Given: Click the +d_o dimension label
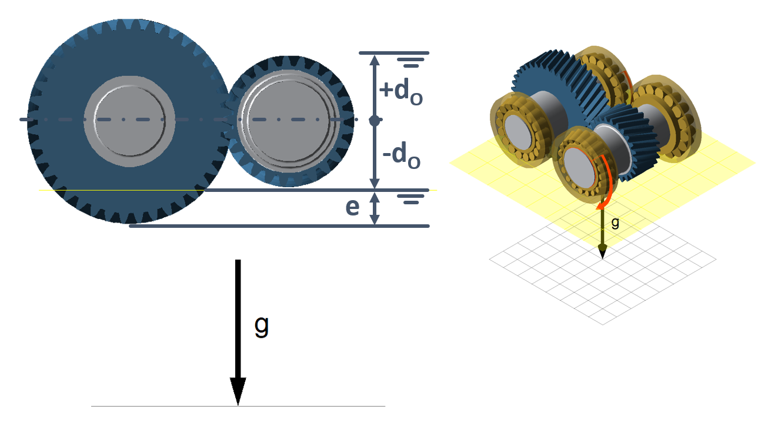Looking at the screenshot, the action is [x=401, y=91].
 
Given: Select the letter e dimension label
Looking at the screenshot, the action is [x=352, y=208].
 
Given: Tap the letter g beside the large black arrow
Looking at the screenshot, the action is [x=262, y=326].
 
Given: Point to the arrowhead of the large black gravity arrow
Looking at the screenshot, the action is [x=238, y=391].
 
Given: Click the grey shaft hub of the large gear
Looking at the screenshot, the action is [x=129, y=121].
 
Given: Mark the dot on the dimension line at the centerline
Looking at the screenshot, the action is [x=375, y=120].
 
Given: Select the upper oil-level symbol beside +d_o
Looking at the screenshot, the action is [x=411, y=62].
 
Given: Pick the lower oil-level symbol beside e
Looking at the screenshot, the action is [x=411, y=199].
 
